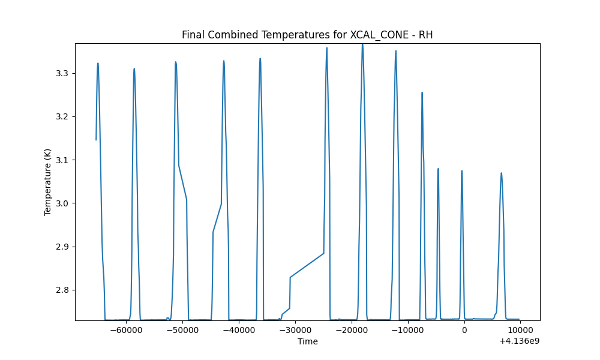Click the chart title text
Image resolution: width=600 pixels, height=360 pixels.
click(307, 35)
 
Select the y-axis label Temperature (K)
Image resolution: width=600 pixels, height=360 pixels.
click(47, 182)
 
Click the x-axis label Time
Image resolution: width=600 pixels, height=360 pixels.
click(308, 341)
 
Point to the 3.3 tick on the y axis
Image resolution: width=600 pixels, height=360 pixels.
click(63, 73)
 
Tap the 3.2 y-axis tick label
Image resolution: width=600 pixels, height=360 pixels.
click(63, 116)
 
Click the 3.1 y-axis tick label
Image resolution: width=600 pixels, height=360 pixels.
click(63, 160)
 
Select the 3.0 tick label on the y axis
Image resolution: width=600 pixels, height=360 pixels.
click(63, 203)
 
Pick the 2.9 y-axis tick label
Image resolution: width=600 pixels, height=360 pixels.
click(63, 247)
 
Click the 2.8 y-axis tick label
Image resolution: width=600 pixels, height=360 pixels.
click(63, 290)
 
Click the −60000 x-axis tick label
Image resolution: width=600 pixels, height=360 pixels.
click(127, 330)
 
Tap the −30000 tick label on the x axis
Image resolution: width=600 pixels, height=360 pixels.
click(295, 330)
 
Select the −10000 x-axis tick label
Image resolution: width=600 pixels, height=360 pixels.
click(408, 330)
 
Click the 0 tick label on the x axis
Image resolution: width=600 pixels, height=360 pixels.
click(464, 330)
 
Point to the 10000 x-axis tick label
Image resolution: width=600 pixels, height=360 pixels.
click(520, 330)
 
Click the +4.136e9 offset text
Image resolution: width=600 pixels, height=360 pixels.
click(519, 341)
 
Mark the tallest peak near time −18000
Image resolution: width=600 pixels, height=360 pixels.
click(362, 44)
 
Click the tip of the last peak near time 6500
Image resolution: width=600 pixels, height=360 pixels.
click(501, 173)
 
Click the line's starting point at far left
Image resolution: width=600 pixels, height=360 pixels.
click(96, 140)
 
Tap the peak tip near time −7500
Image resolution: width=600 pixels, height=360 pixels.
click(422, 92)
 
